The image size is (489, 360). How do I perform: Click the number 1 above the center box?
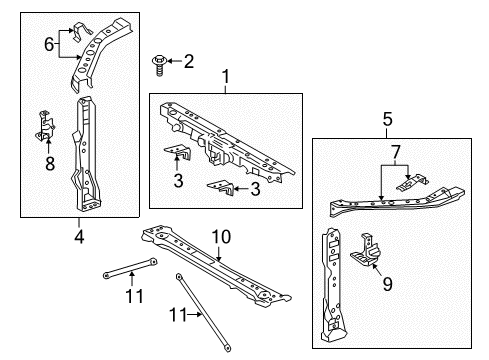point(225,77)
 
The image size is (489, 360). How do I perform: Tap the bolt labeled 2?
point(159,64)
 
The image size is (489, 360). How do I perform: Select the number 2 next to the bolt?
point(188,63)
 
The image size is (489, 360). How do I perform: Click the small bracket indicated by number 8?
point(46,121)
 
